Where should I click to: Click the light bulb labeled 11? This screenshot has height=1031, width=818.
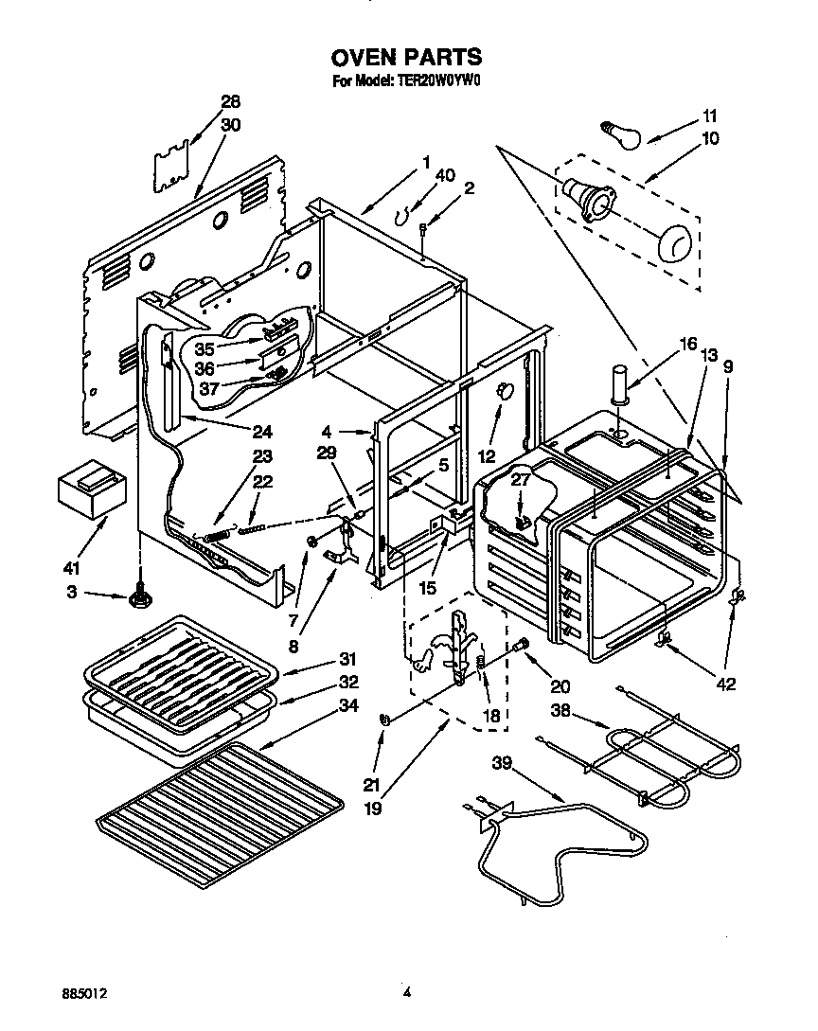621,134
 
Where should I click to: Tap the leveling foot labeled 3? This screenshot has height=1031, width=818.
142,597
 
